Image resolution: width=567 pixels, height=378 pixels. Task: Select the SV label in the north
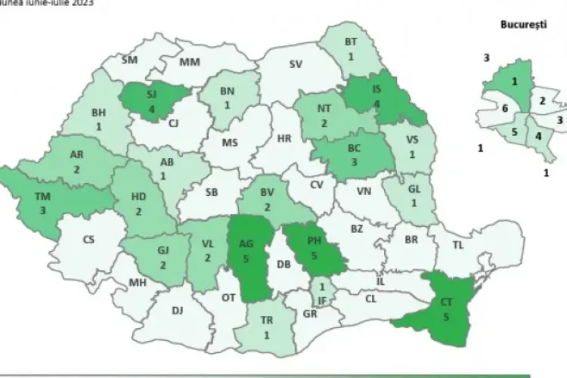click(296, 64)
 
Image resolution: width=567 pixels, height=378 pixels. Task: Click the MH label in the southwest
click(138, 283)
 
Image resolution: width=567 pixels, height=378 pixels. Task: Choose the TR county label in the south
click(266, 320)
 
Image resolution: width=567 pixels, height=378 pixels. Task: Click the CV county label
click(318, 184)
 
